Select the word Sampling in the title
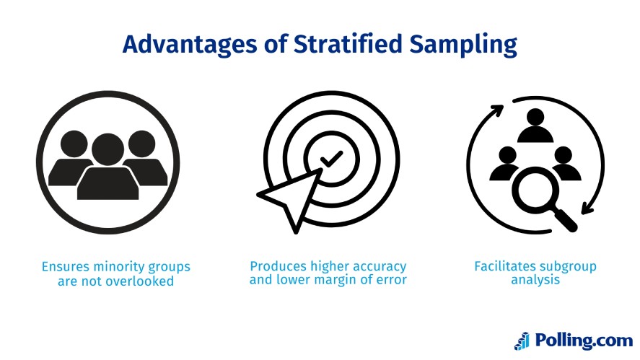(463, 45)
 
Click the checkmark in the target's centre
(331, 159)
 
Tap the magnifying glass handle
(565, 219)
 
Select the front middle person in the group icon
(108, 167)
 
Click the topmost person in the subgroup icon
(535, 126)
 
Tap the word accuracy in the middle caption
(380, 266)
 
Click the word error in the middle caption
(393, 280)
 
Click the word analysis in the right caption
(535, 280)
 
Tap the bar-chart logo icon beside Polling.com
(522, 341)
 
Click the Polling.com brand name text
(584, 341)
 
